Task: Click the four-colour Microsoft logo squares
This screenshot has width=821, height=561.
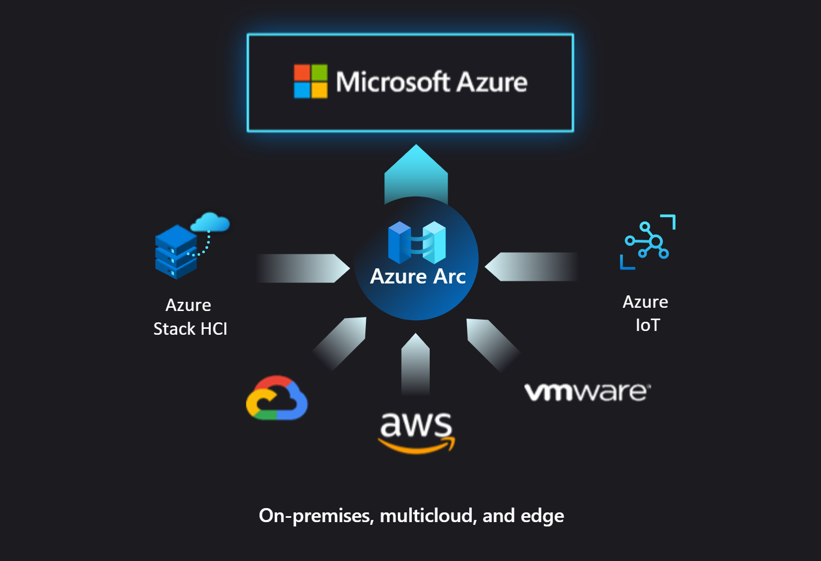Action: click(x=311, y=82)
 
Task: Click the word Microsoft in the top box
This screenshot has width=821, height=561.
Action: click(x=393, y=82)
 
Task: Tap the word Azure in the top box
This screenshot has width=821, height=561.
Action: click(x=492, y=82)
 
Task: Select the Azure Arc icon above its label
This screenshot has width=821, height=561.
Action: click(x=417, y=242)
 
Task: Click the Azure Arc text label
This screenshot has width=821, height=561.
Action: click(x=418, y=276)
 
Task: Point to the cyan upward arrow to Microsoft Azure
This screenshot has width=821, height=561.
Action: click(x=416, y=173)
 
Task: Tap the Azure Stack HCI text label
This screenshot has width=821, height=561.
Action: click(x=190, y=317)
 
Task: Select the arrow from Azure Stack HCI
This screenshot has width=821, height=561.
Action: click(x=303, y=268)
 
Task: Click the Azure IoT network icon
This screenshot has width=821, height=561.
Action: click(x=648, y=241)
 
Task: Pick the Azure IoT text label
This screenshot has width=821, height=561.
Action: click(x=646, y=313)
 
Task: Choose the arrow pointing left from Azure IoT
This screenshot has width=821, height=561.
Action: click(x=532, y=267)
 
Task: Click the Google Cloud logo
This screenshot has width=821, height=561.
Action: click(x=277, y=398)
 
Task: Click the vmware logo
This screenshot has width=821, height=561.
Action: click(x=588, y=392)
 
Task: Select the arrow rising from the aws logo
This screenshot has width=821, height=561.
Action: click(x=416, y=364)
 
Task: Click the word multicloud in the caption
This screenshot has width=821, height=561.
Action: click(x=427, y=516)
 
